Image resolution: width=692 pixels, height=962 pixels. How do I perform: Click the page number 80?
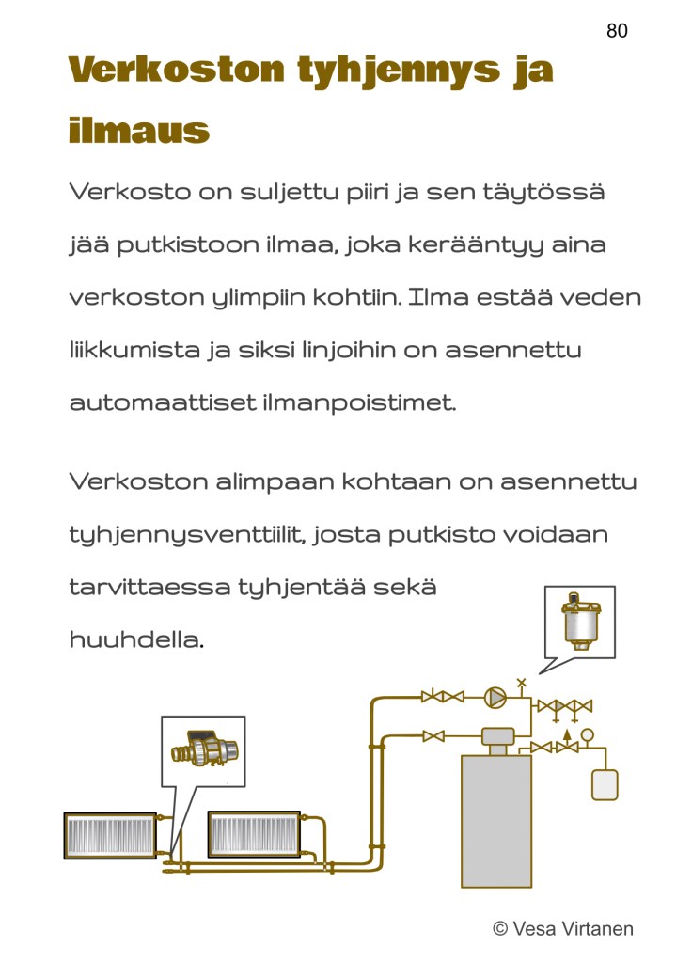(617, 30)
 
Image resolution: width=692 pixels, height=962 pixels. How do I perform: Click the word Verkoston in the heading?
(176, 69)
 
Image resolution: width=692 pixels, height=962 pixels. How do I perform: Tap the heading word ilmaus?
(138, 130)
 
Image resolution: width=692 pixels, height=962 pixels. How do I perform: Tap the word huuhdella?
(136, 639)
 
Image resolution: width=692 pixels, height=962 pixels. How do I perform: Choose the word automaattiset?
(163, 403)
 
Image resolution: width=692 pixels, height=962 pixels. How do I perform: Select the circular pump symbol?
(495, 698)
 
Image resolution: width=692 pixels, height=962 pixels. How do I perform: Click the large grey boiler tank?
(496, 821)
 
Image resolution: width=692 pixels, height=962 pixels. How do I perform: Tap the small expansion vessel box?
(605, 784)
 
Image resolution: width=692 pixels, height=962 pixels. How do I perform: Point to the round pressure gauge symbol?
(587, 733)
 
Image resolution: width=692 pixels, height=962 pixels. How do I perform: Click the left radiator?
(110, 835)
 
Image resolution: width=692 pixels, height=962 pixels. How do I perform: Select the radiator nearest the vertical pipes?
(254, 834)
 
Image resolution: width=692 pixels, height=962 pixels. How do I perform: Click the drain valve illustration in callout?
(204, 749)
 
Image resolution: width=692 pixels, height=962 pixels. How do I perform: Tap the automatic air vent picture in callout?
(580, 621)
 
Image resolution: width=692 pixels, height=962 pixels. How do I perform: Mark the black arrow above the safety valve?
(567, 735)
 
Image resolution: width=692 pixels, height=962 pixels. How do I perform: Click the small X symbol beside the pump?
(522, 682)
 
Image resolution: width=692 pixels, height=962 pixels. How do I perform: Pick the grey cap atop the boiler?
(497, 735)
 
